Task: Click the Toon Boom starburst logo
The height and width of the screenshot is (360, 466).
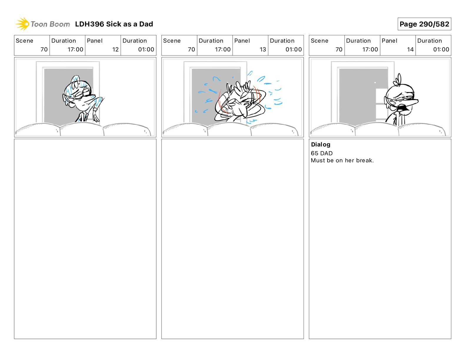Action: (x=22, y=24)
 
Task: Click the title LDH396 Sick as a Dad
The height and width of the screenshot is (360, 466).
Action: (x=114, y=24)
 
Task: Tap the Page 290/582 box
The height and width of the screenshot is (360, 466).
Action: (x=424, y=24)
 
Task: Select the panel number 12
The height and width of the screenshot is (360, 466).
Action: (x=115, y=49)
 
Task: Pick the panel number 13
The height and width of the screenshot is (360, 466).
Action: (x=263, y=49)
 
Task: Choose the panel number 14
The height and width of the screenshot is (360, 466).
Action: (x=410, y=49)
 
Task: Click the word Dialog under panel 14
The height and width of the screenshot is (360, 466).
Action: (x=321, y=145)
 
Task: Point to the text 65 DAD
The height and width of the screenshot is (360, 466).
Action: (x=322, y=153)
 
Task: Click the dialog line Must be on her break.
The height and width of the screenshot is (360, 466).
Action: (x=342, y=160)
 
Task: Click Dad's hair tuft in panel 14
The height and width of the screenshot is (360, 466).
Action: (x=398, y=80)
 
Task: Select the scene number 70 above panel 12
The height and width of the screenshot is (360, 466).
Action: (x=44, y=49)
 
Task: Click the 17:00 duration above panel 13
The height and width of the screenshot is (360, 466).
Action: (x=223, y=49)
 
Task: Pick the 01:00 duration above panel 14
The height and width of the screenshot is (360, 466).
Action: (x=441, y=49)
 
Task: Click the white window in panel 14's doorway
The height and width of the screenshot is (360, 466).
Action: (x=381, y=104)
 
